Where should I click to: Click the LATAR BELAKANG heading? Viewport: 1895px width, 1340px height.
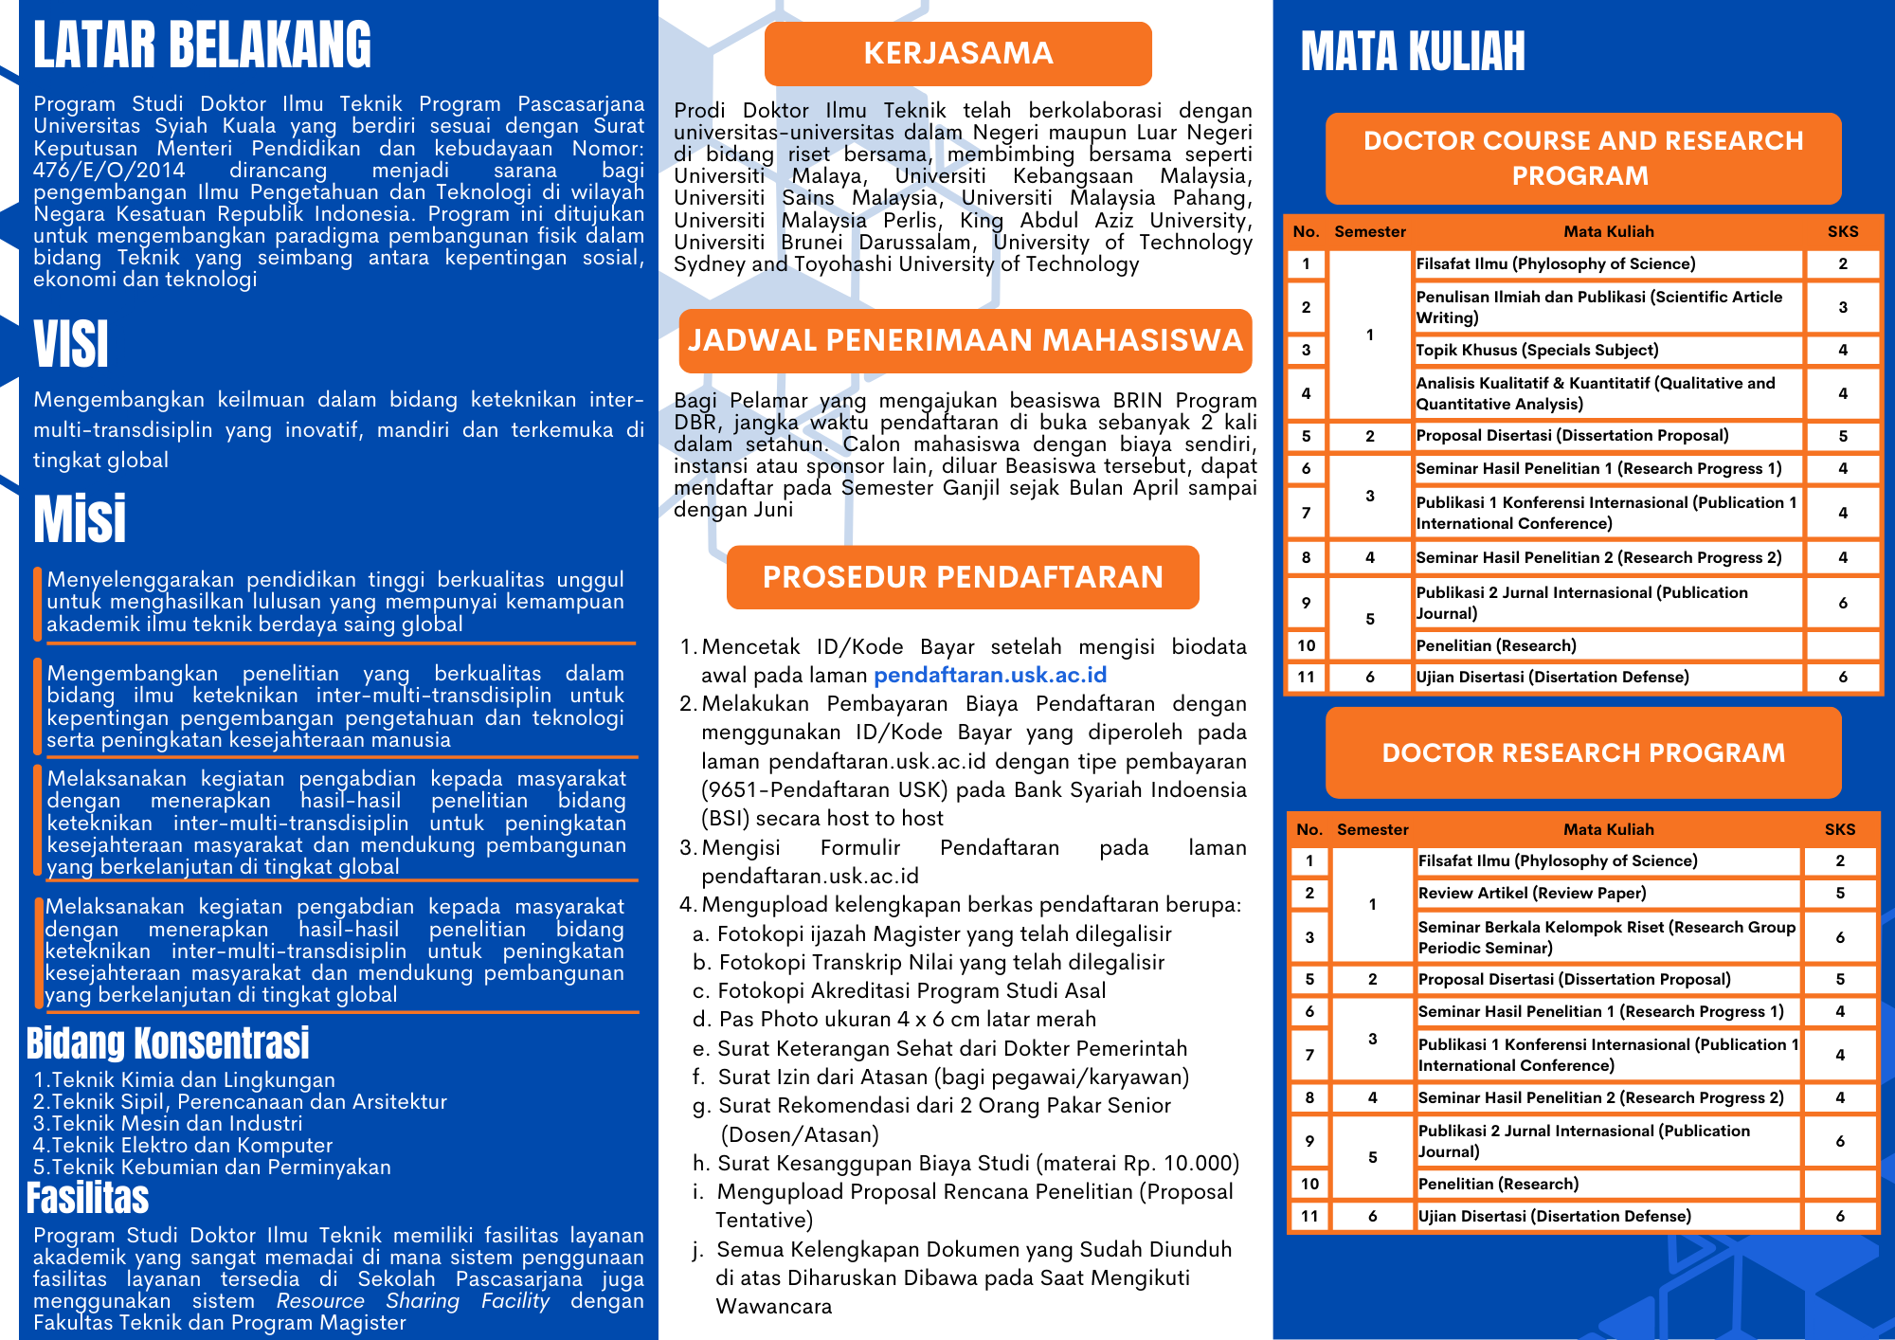pos(202,45)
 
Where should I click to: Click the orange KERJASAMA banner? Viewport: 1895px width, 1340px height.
pos(958,53)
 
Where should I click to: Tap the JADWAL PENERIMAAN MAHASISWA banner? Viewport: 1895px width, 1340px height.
pos(965,340)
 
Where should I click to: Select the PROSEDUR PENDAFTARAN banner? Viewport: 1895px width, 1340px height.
pos(963,577)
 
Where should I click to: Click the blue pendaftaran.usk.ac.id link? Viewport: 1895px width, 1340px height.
pos(989,675)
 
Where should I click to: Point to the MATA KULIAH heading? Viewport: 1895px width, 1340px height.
pos(1412,51)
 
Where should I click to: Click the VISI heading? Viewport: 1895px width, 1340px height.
pos(71,344)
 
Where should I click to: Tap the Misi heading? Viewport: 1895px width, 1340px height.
pos(80,518)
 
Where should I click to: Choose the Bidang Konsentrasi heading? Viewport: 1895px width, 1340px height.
pos(168,1043)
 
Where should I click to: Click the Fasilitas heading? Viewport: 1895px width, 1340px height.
pos(87,1198)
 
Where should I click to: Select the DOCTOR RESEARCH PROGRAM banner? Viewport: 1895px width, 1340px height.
pos(1582,752)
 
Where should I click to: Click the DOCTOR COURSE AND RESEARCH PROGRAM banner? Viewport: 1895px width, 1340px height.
pos(1582,158)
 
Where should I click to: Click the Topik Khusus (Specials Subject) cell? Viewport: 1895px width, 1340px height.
pos(1537,350)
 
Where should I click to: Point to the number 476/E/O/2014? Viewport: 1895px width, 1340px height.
pos(109,171)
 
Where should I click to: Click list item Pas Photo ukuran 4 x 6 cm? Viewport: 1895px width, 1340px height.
pos(906,1020)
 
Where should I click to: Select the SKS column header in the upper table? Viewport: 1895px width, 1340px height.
pos(1842,231)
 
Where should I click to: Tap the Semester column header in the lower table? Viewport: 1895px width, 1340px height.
pos(1372,829)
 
